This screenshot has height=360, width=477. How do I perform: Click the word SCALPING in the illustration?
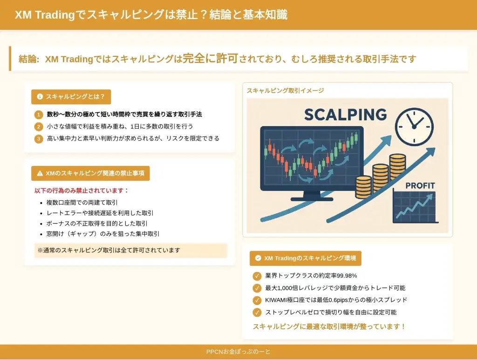tap(346, 115)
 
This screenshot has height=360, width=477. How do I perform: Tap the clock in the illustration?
tap(414, 127)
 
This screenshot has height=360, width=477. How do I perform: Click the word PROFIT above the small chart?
tap(420, 185)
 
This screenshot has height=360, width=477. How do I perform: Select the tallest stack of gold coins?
tap(398, 167)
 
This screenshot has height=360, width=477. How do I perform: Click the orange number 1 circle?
tap(39, 115)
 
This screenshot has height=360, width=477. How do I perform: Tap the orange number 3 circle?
tap(39, 139)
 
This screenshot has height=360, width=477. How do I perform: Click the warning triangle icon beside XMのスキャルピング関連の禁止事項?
tap(40, 173)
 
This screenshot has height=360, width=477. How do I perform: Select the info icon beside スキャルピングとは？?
tap(40, 97)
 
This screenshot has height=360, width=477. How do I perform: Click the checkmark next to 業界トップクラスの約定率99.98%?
tap(257, 276)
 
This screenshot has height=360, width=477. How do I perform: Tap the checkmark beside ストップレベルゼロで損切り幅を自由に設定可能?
tap(257, 312)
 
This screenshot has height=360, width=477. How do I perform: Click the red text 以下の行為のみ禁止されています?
tap(82, 190)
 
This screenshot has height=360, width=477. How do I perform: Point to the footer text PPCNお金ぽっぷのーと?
tap(238, 352)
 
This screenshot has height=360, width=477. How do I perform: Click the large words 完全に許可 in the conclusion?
tap(210, 58)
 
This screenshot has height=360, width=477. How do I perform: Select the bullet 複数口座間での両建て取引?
tap(82, 203)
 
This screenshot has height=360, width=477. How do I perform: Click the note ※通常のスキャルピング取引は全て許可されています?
tap(109, 250)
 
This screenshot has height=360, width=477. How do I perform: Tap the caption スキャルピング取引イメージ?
tap(286, 91)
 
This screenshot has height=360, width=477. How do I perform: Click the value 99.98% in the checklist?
tap(347, 276)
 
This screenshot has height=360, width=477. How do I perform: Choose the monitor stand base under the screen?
tap(312, 199)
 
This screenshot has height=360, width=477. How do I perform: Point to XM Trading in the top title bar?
tap(45, 14)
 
